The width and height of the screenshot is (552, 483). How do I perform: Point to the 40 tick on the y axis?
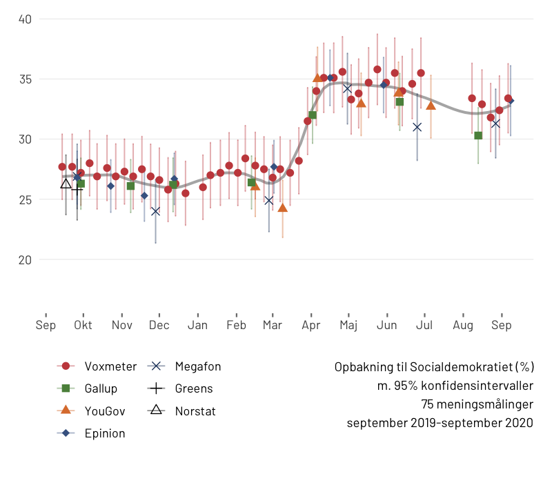pyautogui.click(x=26, y=19)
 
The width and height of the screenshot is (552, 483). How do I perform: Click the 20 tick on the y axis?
pyautogui.click(x=26, y=260)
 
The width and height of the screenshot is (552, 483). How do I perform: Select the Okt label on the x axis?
pyautogui.click(x=83, y=326)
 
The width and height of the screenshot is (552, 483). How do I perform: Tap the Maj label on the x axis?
pyautogui.click(x=348, y=326)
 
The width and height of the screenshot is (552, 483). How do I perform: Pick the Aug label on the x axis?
pyautogui.click(x=463, y=326)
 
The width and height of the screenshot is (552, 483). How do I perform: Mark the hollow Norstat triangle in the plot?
pyautogui.click(x=66, y=183)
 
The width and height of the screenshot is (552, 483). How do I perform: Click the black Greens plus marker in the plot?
pyautogui.click(x=77, y=188)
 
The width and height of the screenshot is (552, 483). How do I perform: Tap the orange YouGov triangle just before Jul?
pyautogui.click(x=431, y=106)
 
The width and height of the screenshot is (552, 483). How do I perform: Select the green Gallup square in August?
pyautogui.click(x=478, y=135)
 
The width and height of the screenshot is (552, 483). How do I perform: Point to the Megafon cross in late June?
pyautogui.click(x=417, y=127)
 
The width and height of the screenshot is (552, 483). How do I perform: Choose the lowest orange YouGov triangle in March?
pyautogui.click(x=282, y=208)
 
